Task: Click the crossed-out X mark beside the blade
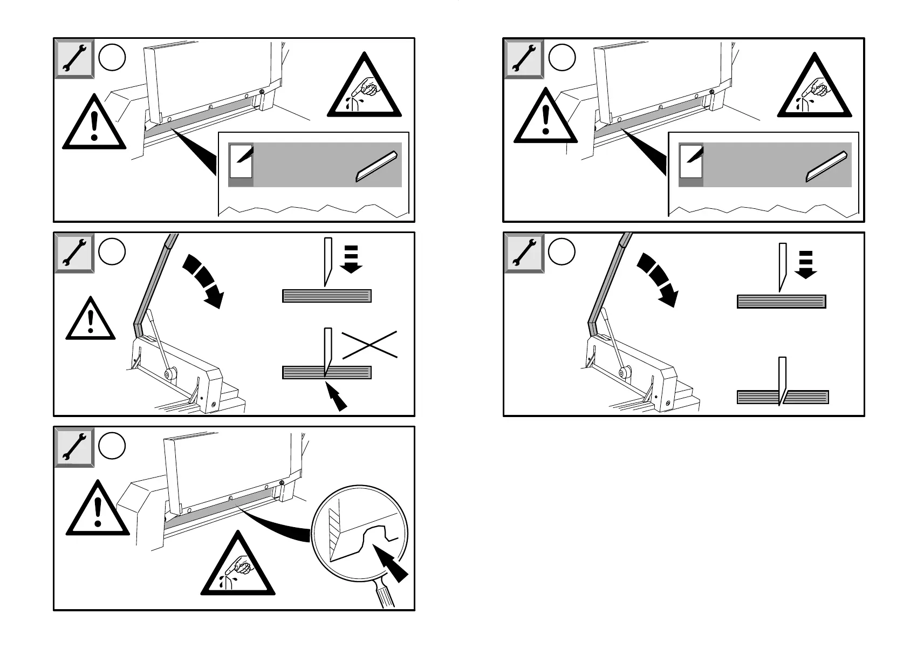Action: coord(370,344)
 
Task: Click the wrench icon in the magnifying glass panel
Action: coord(74,447)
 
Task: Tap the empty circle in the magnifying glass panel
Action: coord(112,446)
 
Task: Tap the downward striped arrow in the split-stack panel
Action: coord(806,264)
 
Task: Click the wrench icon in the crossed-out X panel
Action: coord(74,253)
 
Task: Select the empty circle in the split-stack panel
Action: coord(562,251)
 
